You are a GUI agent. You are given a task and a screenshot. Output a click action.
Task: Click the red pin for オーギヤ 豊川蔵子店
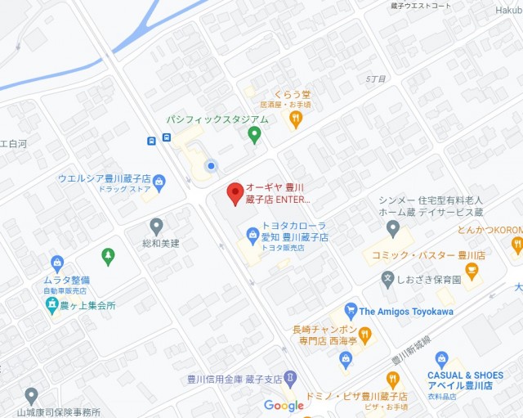pos(235,193)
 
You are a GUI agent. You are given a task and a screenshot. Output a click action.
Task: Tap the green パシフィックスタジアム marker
pos(254,134)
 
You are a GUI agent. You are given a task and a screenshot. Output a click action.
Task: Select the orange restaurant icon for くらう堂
pos(296,119)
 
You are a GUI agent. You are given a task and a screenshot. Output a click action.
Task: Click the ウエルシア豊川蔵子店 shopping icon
pos(159,182)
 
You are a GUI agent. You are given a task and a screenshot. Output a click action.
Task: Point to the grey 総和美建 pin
pos(156,226)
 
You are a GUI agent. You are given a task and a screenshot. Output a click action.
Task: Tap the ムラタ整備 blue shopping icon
pos(57,263)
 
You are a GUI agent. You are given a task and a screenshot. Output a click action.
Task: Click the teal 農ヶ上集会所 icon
pos(51,305)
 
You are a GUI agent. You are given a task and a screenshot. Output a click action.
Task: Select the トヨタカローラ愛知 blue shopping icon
pos(253,236)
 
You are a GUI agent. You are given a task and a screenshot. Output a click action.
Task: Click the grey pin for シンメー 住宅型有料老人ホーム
pos(393,227)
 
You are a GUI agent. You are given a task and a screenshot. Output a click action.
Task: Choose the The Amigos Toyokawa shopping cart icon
pos(351,311)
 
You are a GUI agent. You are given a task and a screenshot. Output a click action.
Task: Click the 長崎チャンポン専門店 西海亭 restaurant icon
pos(365,334)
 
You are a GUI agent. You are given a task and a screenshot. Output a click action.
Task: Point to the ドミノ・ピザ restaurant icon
pos(393,380)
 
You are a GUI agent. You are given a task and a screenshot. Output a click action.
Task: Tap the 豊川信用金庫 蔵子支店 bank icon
pos(290,379)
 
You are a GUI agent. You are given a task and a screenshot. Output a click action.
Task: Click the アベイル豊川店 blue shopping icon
pos(441,358)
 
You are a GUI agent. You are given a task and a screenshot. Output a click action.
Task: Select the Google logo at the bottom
pos(284,406)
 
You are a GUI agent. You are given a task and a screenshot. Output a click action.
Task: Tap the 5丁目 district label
pos(376,79)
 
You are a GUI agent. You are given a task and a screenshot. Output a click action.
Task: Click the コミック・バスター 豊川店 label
pos(428,255)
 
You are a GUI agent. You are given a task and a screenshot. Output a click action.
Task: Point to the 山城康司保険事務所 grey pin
pos(31,396)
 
